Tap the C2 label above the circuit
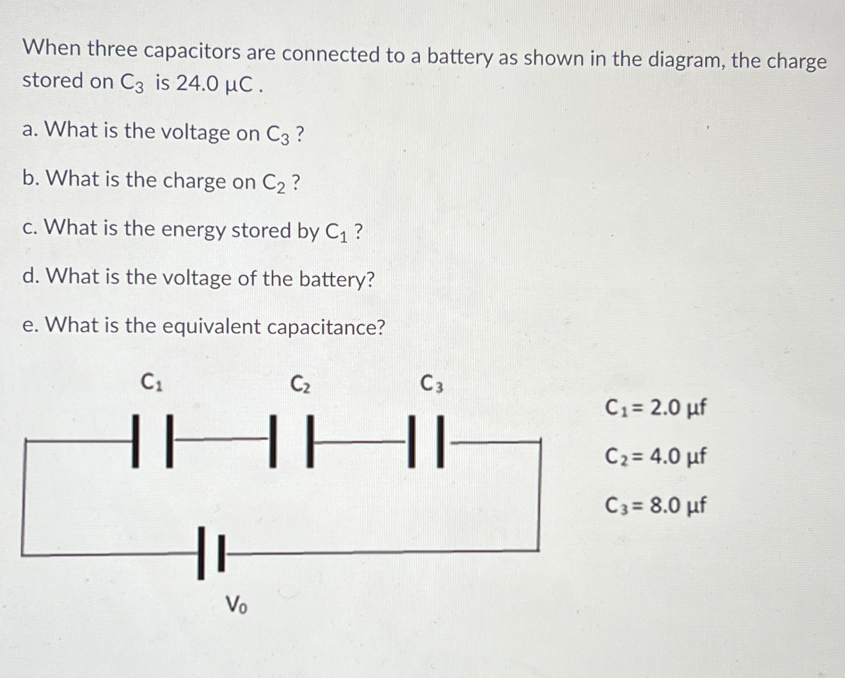pos(300,384)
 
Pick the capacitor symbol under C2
pos(291,441)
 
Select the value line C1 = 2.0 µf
pos(656,408)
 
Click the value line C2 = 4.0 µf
pos(656,456)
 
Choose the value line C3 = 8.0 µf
pos(656,505)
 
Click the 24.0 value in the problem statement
pos(197,84)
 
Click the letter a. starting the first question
pos(30,131)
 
